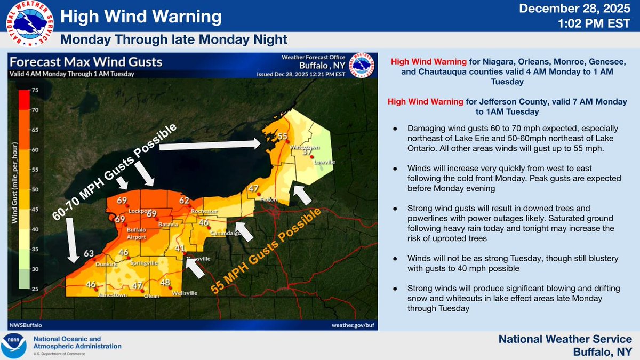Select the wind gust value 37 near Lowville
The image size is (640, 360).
pos(307,152)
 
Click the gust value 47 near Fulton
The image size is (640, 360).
pos(253,188)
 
